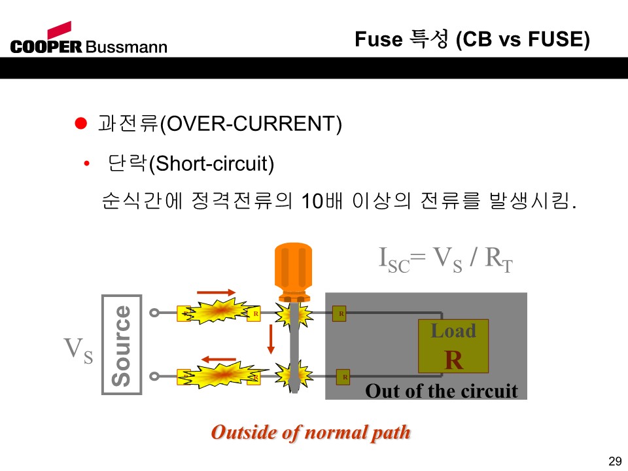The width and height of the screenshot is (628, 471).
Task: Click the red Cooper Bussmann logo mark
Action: point(60,30)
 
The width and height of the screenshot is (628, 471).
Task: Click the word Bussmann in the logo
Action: point(126,47)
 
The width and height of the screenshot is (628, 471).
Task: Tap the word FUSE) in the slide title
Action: point(559,39)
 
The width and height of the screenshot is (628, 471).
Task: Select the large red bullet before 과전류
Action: point(81,124)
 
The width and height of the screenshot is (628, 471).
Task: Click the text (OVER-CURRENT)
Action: point(251,124)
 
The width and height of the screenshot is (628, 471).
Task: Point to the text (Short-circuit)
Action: point(211,164)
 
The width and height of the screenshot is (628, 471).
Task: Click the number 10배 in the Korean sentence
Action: point(322,200)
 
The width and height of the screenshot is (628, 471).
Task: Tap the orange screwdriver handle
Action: point(293,272)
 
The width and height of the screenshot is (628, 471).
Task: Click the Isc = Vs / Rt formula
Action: point(445,259)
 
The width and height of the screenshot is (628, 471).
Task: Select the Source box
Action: point(122,345)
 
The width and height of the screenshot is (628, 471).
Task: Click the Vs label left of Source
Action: point(78,349)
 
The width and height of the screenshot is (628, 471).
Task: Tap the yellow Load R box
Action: point(453,346)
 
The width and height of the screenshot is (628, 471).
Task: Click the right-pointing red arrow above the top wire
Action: point(216,292)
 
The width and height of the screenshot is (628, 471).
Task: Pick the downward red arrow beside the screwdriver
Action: point(271,339)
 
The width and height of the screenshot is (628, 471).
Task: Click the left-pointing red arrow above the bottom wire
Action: point(218,359)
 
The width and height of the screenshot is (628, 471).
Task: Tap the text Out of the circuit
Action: point(442,391)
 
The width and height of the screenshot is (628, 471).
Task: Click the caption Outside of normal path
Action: point(311,433)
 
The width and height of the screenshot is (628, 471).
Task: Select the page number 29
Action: point(615,461)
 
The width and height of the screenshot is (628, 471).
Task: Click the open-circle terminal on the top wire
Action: point(154,313)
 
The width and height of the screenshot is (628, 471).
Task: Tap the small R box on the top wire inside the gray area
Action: point(340,313)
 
